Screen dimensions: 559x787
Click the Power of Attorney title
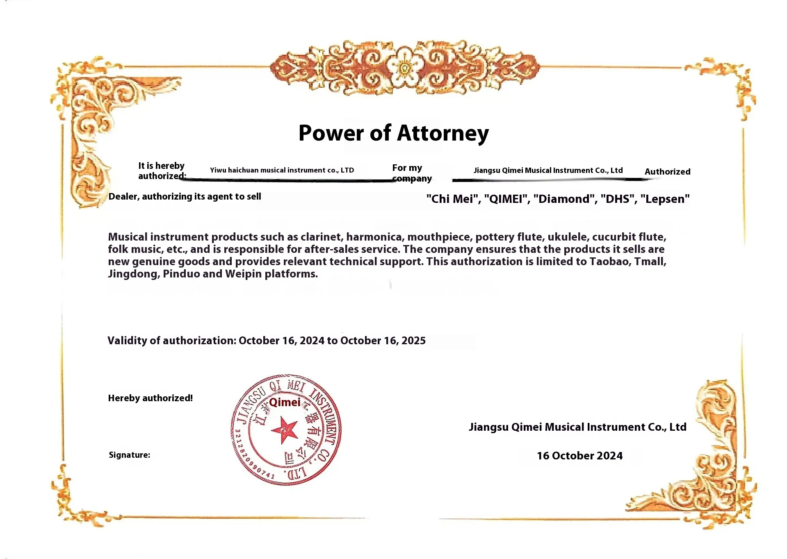click(393, 133)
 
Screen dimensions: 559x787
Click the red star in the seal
click(283, 430)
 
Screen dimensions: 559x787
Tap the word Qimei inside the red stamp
click(285, 402)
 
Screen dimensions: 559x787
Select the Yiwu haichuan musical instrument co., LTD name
click(282, 170)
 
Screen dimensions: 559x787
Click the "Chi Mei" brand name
click(452, 199)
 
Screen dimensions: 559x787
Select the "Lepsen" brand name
click(665, 199)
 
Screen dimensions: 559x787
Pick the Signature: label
click(129, 455)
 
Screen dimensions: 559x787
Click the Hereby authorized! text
click(150, 398)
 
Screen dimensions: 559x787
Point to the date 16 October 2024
click(579, 456)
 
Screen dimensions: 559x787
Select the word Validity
click(127, 341)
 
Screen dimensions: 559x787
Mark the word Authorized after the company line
click(667, 172)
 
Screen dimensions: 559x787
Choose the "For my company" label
click(411, 173)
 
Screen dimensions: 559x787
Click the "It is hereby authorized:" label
click(162, 171)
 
